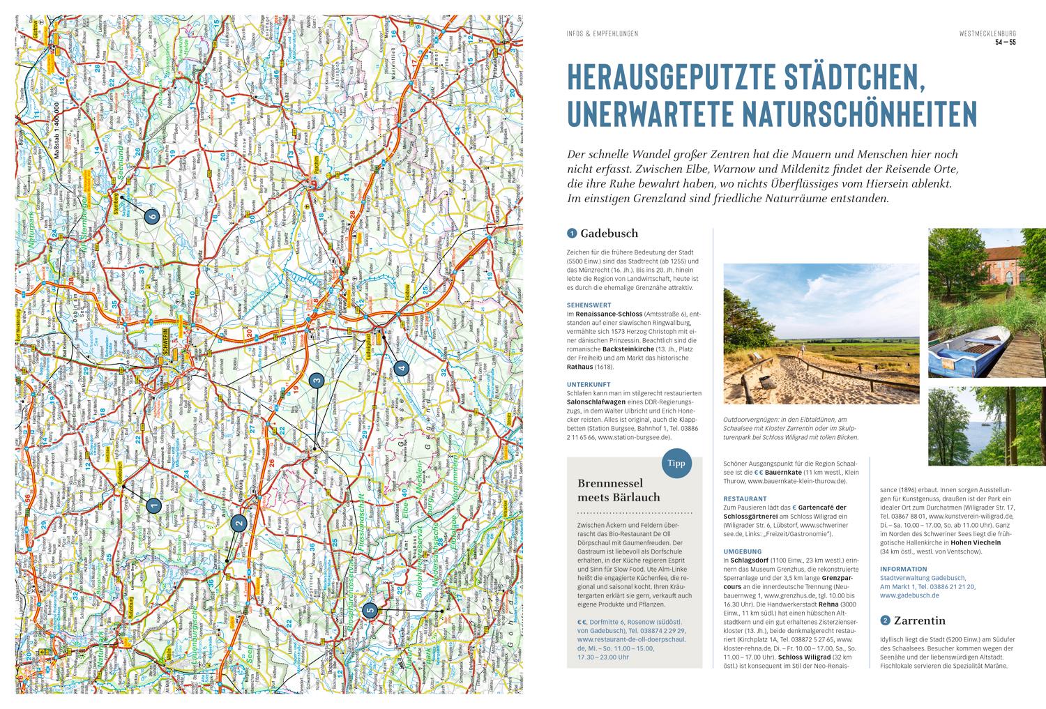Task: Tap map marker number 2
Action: pos(238,524)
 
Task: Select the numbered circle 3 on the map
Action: pos(317,381)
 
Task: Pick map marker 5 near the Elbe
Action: pos(370,611)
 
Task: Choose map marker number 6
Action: pos(153,216)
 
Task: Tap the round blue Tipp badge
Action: pos(673,463)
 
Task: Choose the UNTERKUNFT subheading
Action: pos(589,383)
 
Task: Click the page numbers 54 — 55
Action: pos(1005,43)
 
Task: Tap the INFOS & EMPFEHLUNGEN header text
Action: pos(602,33)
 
